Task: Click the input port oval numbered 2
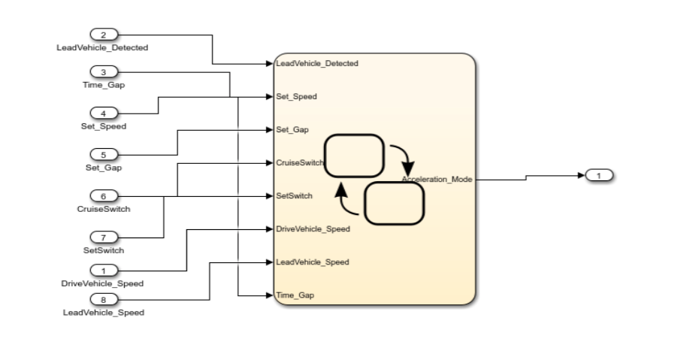coord(104,35)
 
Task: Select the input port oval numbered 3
coord(104,72)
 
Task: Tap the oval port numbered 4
coord(104,113)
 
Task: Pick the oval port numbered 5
coord(104,154)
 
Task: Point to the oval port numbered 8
coord(104,299)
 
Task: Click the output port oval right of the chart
coord(599,175)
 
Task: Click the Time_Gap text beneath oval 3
coord(104,85)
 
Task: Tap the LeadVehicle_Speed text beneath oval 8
coord(104,312)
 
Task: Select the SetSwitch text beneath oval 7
coord(104,250)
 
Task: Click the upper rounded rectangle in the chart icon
coord(353,156)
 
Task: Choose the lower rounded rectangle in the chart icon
coord(395,204)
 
